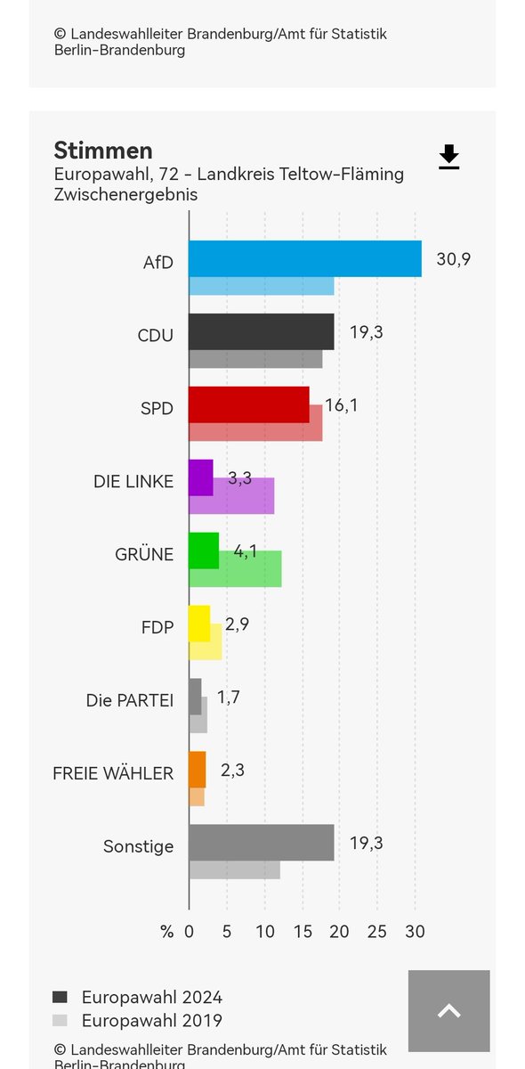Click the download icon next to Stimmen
coord(449,157)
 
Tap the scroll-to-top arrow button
coord(448,1010)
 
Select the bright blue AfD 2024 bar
coord(304,258)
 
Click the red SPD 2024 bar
coord(249,404)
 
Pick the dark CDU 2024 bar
coord(261,331)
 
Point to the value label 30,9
coord(453,259)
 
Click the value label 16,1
coord(342,405)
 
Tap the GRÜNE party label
coord(144,554)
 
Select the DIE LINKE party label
coord(133,481)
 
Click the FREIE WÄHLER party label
coord(113,773)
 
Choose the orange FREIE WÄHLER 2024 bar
coord(197,770)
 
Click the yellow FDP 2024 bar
coord(199,624)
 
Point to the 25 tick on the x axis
coord(377,932)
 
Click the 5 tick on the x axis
coord(227,932)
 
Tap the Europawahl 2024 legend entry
coord(151,997)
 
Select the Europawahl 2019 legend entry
coord(151,1021)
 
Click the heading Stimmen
coord(103,150)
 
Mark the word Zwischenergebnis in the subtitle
coord(125,194)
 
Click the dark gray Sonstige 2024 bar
coord(261,843)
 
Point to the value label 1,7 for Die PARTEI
coord(228,698)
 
